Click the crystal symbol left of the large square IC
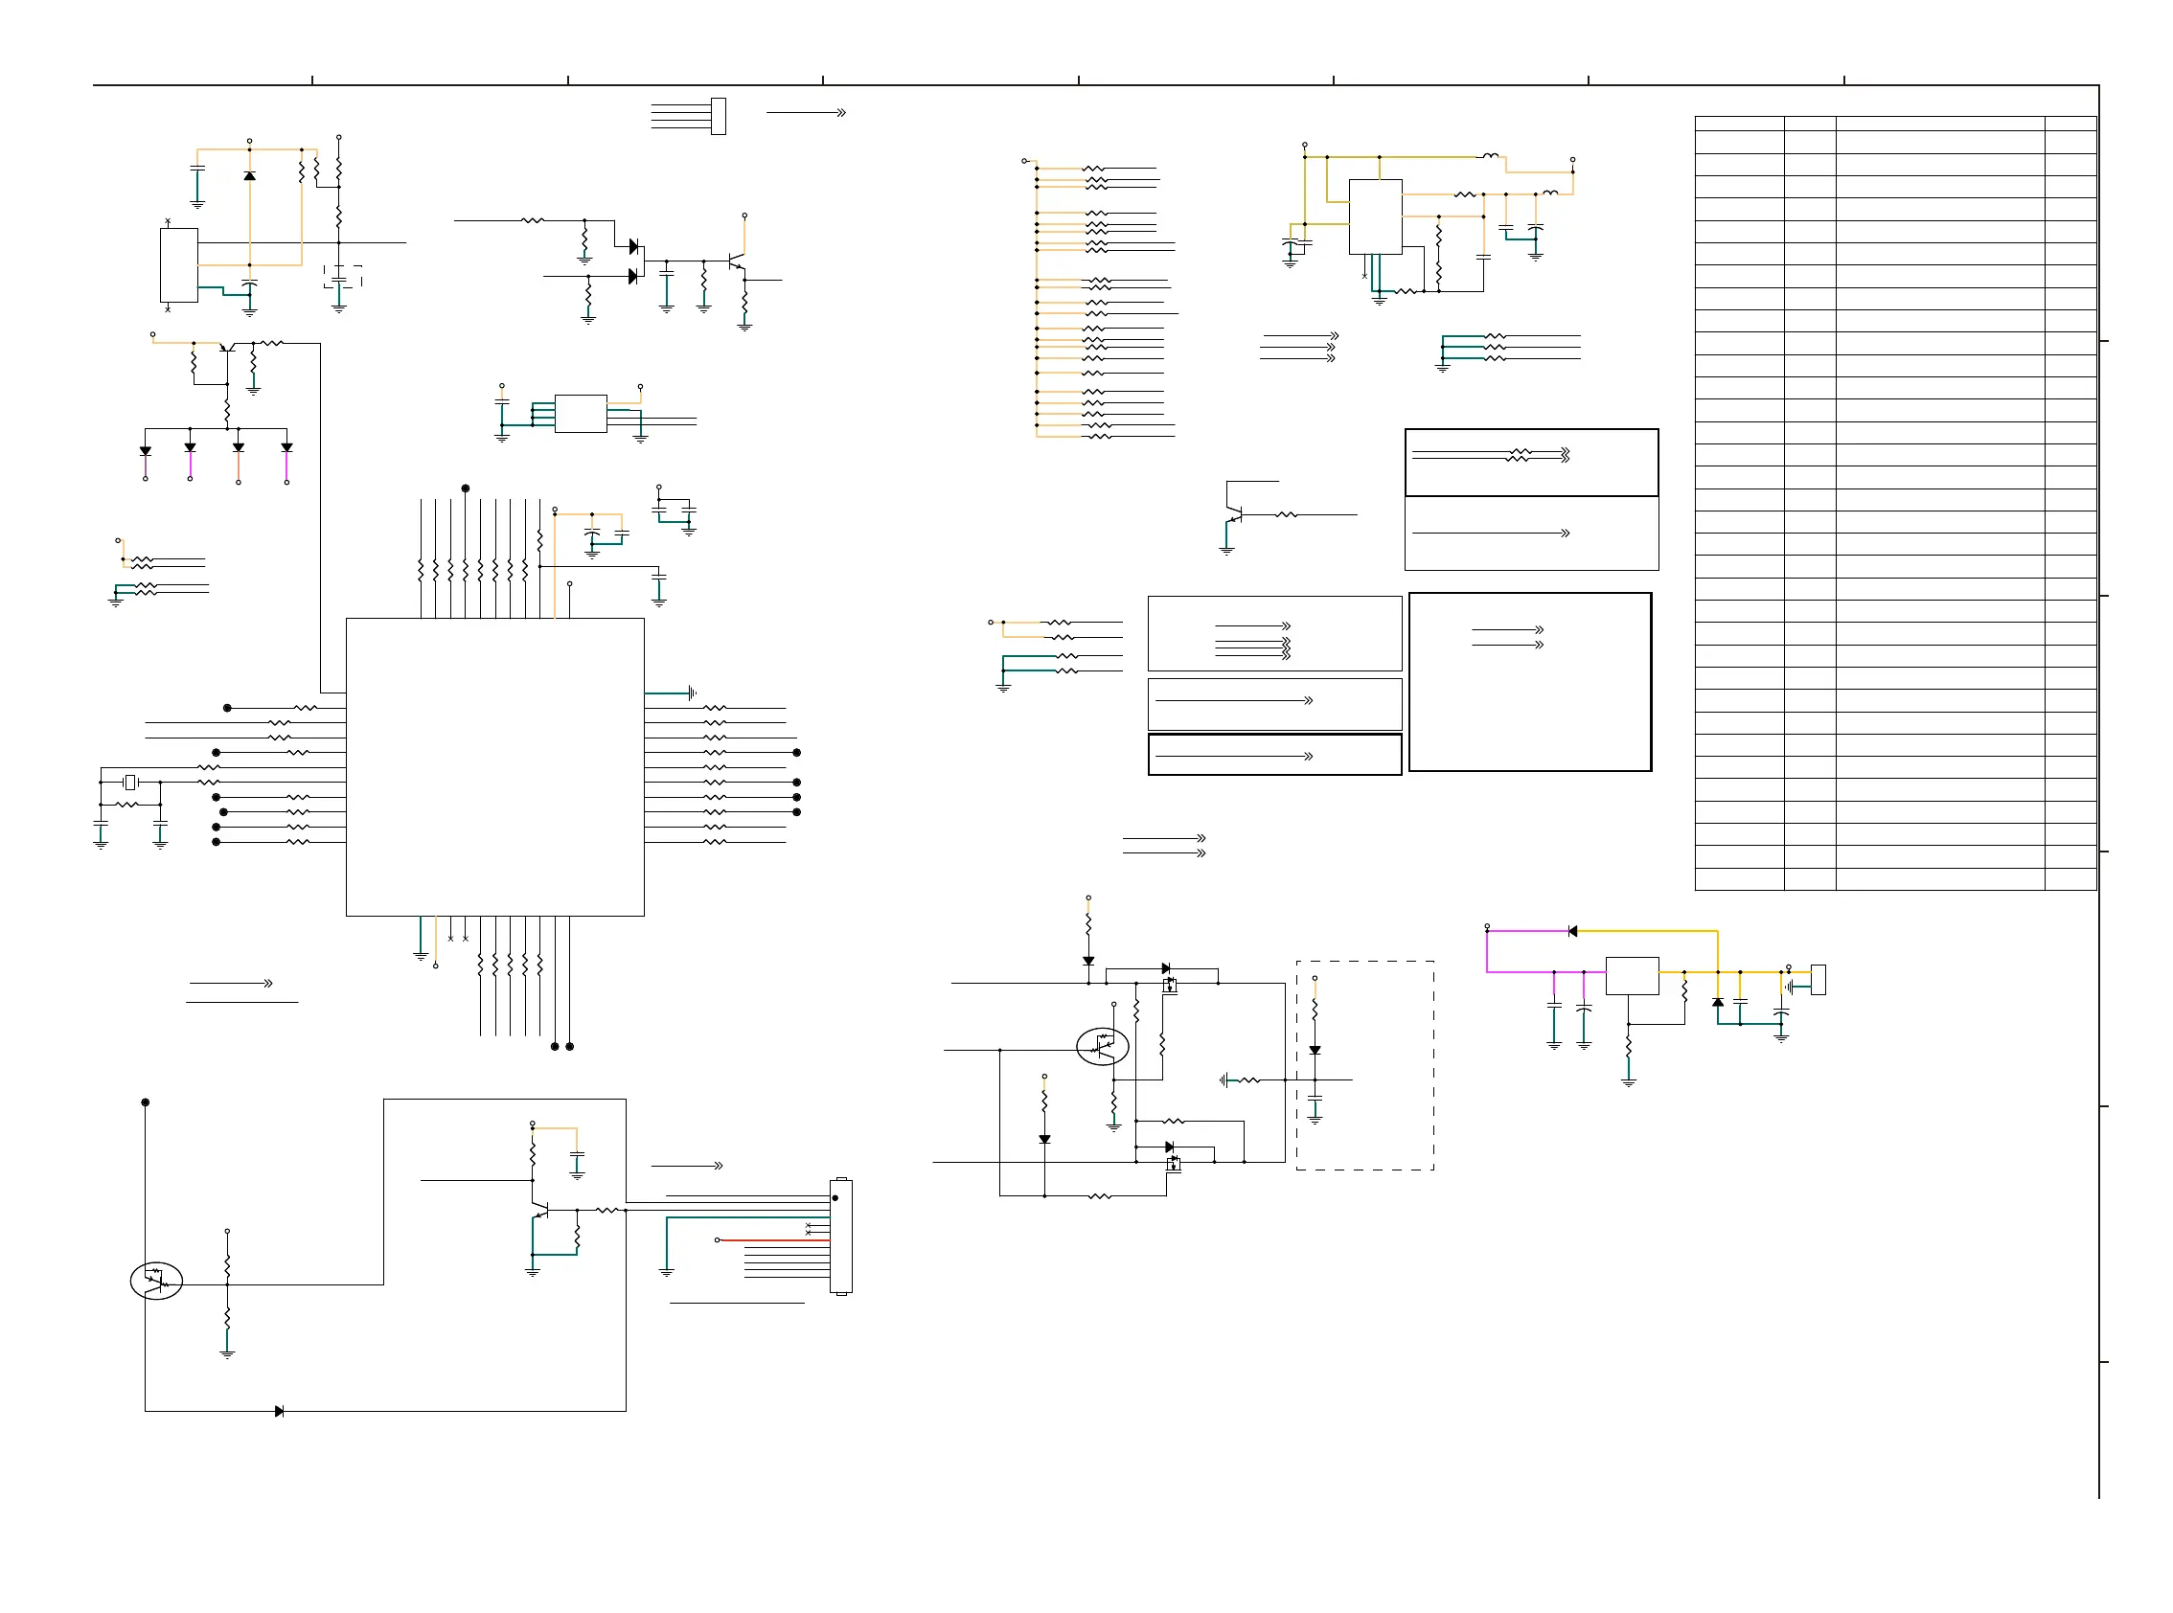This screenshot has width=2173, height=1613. (130, 783)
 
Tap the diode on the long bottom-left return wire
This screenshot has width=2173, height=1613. (280, 1411)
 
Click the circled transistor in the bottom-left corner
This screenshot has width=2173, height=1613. (156, 1281)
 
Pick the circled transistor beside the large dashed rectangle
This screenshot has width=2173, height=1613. (1103, 1047)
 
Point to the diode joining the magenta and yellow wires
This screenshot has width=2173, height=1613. (1571, 931)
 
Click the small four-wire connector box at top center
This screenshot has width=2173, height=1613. (719, 116)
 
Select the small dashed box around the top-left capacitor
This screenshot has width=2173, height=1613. (343, 276)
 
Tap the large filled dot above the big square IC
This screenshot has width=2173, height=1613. (466, 488)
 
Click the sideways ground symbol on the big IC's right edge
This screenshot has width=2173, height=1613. (692, 693)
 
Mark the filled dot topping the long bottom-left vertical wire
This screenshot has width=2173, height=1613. (146, 1102)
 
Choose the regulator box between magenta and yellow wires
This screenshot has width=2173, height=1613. (1632, 976)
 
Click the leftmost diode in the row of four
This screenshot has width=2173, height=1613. (146, 451)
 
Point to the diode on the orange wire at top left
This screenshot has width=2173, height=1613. (250, 175)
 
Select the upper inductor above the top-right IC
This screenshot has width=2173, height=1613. (1490, 155)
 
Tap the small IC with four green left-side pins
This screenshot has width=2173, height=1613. (580, 413)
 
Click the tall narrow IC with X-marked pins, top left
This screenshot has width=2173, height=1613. (179, 264)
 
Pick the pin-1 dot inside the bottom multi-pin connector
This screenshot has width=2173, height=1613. (835, 1198)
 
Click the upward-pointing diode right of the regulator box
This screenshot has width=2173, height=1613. (1718, 1003)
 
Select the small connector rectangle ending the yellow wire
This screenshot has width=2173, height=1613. (1818, 979)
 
